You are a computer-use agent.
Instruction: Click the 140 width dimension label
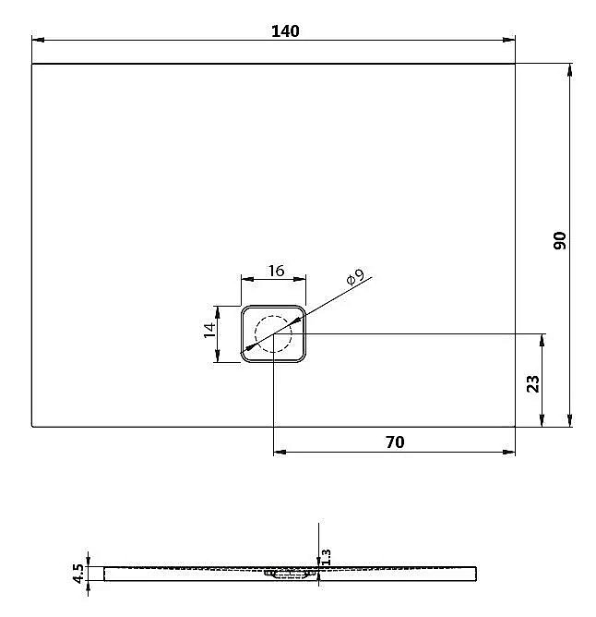pos(285,30)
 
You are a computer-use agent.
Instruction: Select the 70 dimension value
pos(394,442)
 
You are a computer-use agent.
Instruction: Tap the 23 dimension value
pos(532,382)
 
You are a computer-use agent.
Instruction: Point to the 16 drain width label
pos(275,271)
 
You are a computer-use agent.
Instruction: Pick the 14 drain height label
pos(209,330)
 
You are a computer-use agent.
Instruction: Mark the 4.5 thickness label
pos(79,574)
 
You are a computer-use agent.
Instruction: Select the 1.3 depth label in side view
pos(325,556)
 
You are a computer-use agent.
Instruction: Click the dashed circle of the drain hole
pos(274,333)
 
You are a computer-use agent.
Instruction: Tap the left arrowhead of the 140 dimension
pos(38,40)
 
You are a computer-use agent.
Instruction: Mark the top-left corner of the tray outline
pos(32,64)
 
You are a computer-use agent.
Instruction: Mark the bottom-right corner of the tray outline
pos(515,427)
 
